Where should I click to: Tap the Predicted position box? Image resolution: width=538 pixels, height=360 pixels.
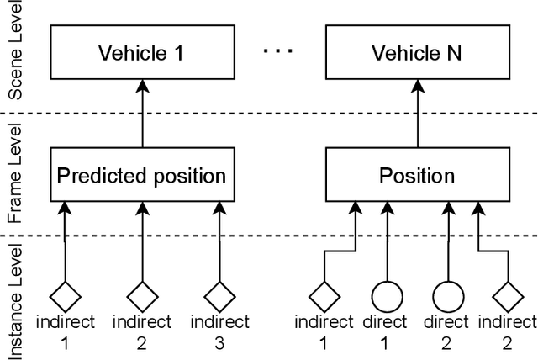pos(140,177)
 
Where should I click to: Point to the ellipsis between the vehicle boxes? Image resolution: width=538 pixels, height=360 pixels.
pos(276,52)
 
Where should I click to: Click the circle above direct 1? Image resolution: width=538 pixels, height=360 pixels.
pos(385,295)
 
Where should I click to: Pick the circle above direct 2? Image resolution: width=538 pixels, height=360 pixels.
pos(447,295)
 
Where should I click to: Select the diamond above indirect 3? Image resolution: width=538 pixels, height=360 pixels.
pos(219,295)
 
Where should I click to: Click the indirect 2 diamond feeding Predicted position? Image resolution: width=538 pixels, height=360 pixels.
pos(141,295)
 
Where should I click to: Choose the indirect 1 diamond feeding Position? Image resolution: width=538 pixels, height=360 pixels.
pos(323,295)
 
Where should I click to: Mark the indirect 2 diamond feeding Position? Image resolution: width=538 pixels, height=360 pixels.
pos(508,295)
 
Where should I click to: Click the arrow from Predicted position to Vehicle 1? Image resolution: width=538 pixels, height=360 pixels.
pos(141,116)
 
